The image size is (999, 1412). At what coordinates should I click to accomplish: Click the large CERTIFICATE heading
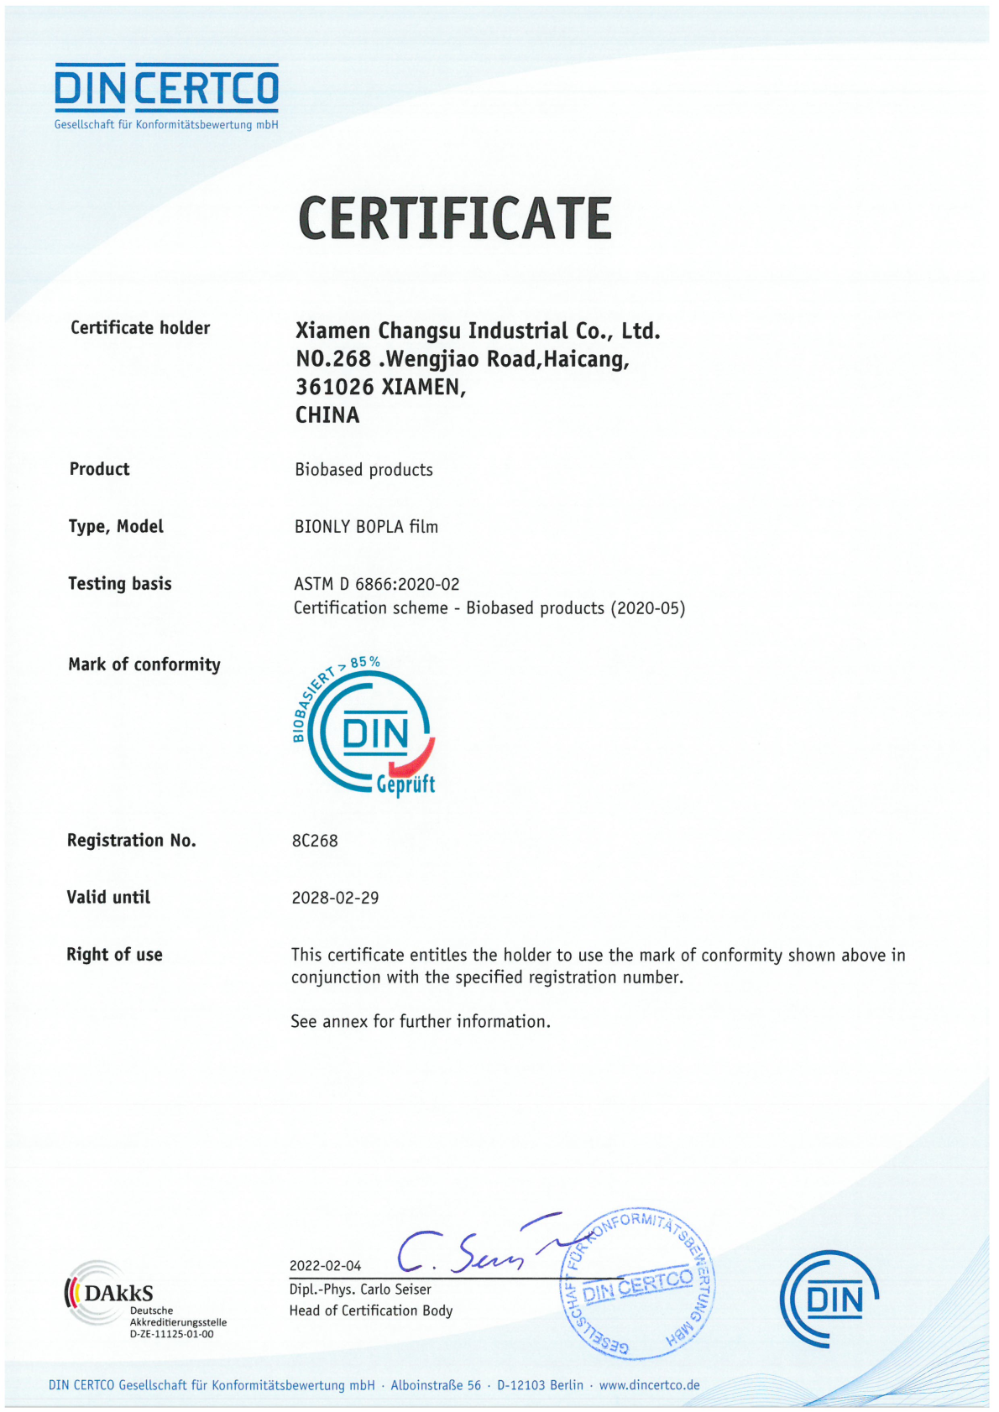click(454, 218)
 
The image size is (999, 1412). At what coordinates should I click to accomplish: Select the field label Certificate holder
click(140, 328)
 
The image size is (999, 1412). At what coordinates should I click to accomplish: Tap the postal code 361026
click(334, 387)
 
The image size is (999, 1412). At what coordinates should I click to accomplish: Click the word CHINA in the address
click(327, 415)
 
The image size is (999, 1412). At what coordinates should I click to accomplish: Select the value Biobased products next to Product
click(364, 470)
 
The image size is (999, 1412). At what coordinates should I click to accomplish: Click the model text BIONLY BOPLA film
click(366, 527)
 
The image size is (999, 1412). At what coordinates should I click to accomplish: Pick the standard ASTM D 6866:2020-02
click(376, 584)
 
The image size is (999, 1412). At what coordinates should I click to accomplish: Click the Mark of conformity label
click(144, 664)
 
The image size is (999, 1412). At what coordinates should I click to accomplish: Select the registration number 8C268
click(315, 841)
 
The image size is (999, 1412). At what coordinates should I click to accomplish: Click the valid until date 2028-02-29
click(335, 898)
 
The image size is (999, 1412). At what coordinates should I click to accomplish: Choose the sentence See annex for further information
click(421, 1022)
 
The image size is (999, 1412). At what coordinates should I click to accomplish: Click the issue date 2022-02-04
click(325, 1266)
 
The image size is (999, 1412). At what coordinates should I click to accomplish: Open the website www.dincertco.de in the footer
click(649, 1385)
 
